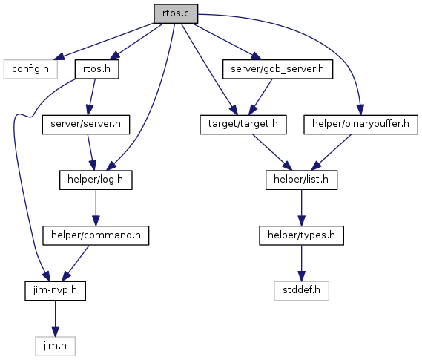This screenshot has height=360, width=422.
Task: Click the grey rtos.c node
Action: coord(176,13)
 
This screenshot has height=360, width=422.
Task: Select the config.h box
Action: coord(30,69)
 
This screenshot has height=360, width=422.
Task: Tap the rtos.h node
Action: coord(97,69)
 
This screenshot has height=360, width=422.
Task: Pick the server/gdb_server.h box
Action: coord(277,69)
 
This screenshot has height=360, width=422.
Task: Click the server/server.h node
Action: coord(86,125)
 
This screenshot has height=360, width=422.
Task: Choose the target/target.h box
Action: coord(243,125)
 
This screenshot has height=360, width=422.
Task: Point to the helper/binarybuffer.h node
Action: coord(360,125)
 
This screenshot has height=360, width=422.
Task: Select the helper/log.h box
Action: coord(96,180)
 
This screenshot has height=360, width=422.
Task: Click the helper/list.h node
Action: coord(301,180)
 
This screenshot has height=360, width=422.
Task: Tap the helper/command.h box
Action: coord(96,235)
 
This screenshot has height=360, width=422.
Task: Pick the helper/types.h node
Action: coord(301,235)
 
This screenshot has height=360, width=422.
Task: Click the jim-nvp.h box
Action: coord(55,291)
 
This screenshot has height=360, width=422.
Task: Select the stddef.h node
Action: coord(301,291)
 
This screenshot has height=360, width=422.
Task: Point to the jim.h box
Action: coord(55,346)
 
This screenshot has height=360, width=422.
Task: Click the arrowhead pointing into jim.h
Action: coord(55,332)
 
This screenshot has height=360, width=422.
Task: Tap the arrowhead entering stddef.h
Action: coord(301,276)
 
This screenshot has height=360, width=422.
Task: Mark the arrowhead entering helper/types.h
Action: coord(301,220)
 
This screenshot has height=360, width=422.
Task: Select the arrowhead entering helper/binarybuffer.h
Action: coord(360,110)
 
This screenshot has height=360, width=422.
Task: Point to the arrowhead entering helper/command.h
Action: coord(96,220)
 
